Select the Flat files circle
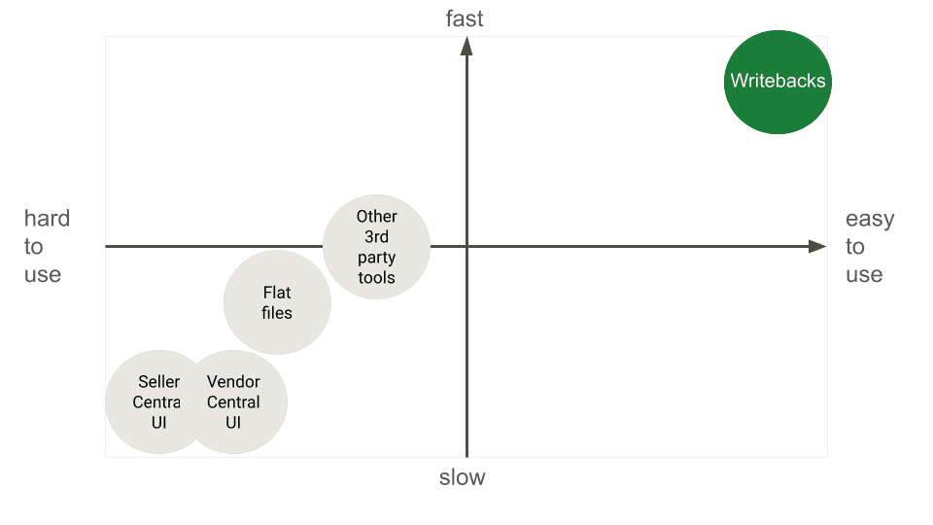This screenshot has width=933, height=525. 277,302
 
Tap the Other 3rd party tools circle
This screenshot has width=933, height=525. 376,247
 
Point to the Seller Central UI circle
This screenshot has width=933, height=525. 146,402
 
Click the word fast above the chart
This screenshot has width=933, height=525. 464,18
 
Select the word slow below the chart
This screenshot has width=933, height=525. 462,477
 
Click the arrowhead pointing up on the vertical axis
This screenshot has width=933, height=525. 467,45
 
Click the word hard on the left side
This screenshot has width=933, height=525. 47,219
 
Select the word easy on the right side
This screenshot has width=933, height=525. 869,219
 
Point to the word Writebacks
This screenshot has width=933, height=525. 777,81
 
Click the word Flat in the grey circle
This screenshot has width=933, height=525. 277,293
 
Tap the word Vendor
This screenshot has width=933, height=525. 233,382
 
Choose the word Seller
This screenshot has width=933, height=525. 158,382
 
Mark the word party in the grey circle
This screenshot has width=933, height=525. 376,257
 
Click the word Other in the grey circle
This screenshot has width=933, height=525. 376,217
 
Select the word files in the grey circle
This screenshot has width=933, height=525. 277,313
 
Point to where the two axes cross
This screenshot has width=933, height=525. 467,247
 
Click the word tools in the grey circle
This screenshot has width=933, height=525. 376,277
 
